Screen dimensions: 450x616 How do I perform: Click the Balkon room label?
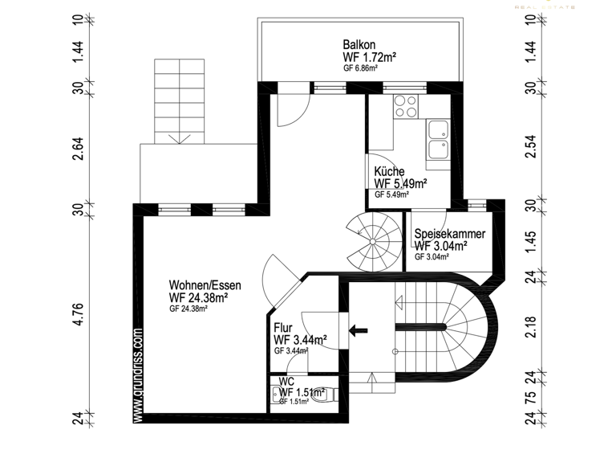tap(359, 45)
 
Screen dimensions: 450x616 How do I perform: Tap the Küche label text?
tap(390, 171)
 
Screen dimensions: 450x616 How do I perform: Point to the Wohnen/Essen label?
tap(205, 285)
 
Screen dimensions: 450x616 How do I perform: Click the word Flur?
tap(283, 328)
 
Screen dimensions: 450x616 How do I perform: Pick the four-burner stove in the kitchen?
tap(405, 106)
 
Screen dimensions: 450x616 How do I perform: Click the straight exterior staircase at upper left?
tap(171, 100)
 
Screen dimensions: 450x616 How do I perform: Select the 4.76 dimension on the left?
tap(78, 313)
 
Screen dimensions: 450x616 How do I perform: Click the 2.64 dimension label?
tap(78, 149)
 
